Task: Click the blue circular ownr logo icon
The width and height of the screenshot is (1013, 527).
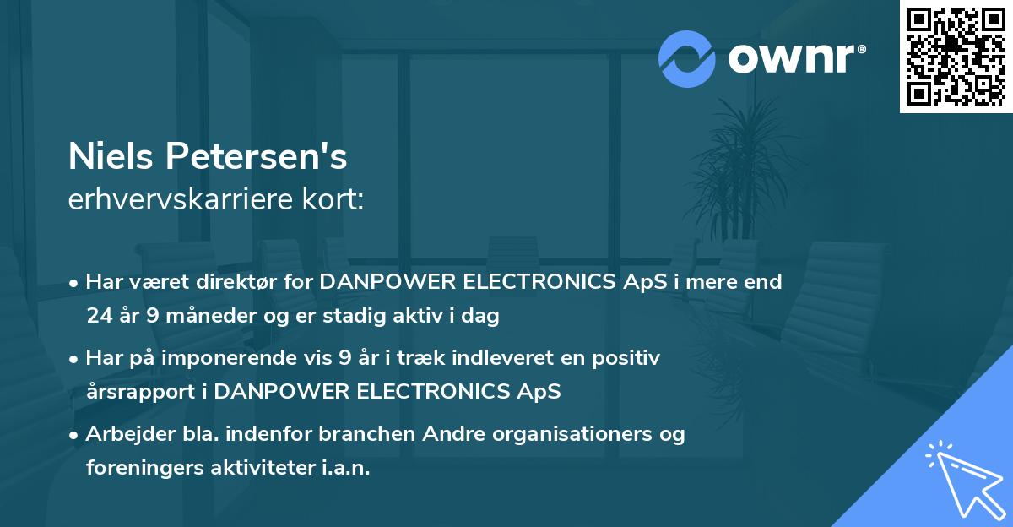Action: point(686,59)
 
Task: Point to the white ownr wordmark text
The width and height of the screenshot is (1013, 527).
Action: point(796,59)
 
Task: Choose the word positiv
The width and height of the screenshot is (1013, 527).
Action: point(626,358)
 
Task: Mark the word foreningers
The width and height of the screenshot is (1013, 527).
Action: point(139,468)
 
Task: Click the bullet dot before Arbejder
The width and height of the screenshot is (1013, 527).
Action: point(75,435)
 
